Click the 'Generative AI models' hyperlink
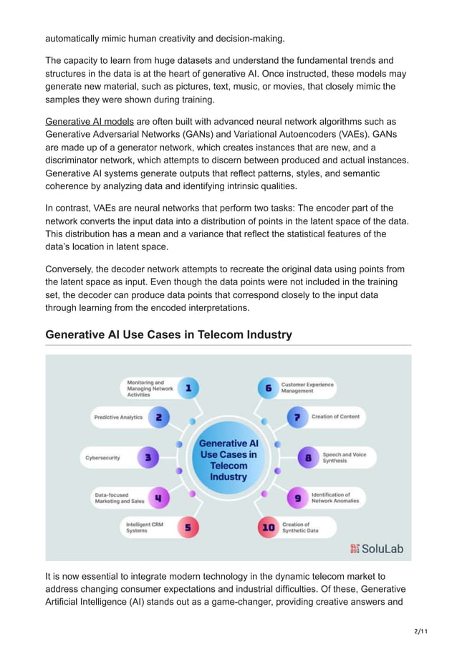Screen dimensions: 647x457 click(x=90, y=121)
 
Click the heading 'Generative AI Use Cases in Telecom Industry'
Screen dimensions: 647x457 click(x=168, y=335)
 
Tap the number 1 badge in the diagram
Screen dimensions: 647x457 click(x=188, y=388)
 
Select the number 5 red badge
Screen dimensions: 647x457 click(x=188, y=527)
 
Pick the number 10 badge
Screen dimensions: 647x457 click(x=269, y=527)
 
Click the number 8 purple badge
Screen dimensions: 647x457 click(x=309, y=457)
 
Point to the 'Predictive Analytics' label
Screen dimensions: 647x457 click(x=118, y=417)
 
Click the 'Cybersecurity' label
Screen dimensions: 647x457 click(x=103, y=457)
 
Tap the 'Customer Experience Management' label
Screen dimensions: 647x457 click(x=307, y=388)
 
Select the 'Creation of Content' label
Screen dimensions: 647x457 click(x=335, y=417)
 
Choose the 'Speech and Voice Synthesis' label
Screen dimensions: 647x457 click(x=344, y=457)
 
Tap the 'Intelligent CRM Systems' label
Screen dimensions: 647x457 click(x=145, y=527)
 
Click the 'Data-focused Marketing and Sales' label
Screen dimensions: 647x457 click(x=119, y=497)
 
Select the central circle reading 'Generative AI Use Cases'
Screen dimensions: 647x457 click(x=228, y=460)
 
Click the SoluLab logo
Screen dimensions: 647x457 click(x=377, y=549)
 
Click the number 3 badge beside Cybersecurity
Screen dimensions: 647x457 click(x=148, y=457)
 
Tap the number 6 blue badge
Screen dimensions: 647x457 click(x=269, y=388)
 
